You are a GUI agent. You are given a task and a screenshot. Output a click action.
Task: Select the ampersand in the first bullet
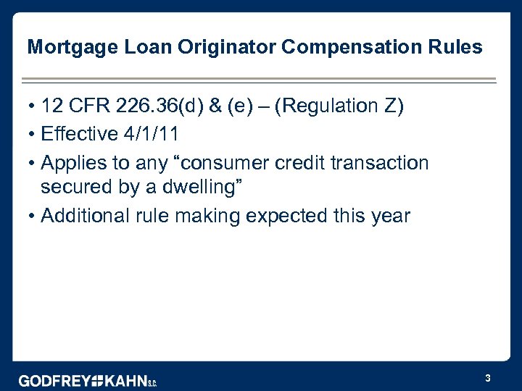point(216,106)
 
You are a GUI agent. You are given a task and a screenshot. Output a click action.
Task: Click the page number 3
point(488,378)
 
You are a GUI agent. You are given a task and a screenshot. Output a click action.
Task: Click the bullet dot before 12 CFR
point(33,106)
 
